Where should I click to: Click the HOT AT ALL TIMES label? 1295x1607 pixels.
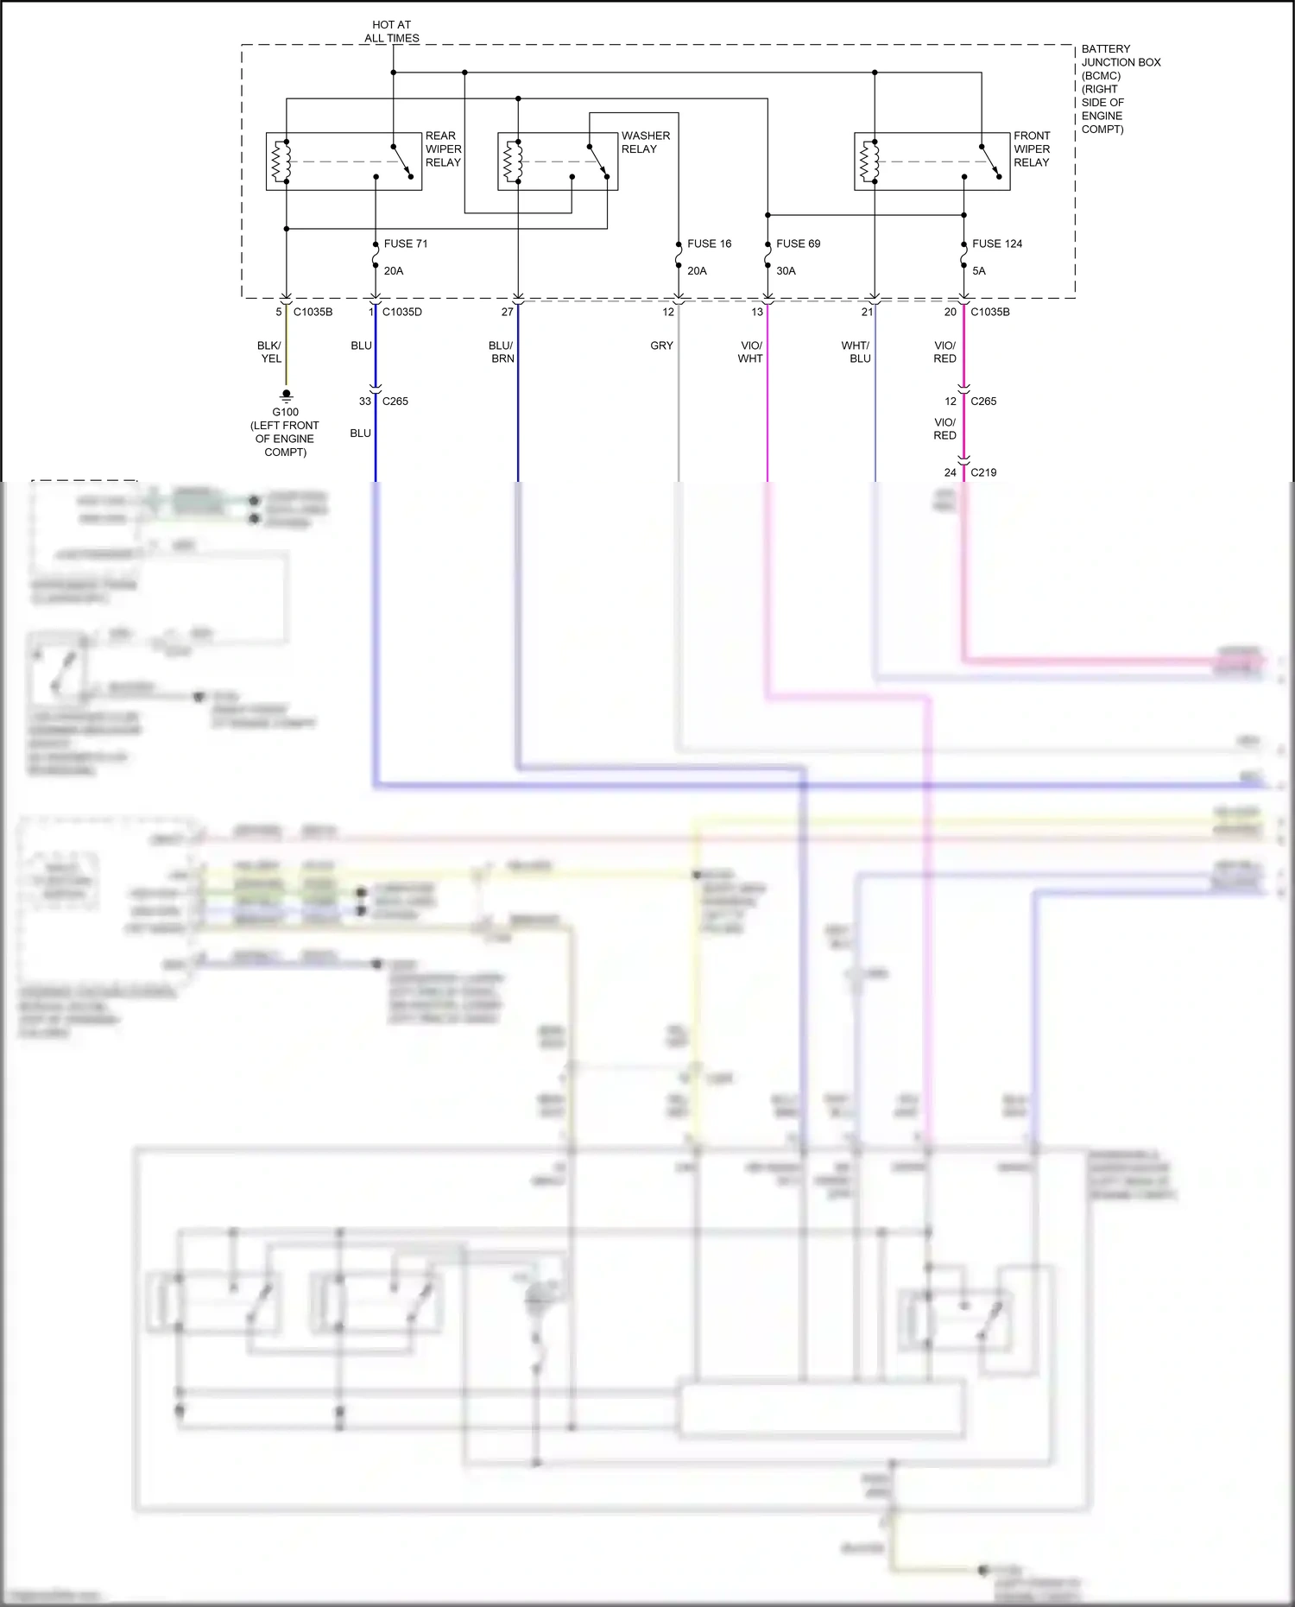(x=391, y=32)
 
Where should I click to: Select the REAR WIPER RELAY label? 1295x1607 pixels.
(x=443, y=149)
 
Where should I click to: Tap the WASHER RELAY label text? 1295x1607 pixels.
(x=645, y=142)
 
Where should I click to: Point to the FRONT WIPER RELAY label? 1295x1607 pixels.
(x=1032, y=149)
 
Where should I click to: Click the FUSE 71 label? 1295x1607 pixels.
(x=405, y=244)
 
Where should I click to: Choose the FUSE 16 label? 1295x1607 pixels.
(x=709, y=244)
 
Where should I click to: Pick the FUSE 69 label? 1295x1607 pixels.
(x=798, y=244)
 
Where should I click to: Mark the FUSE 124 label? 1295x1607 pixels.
(x=996, y=244)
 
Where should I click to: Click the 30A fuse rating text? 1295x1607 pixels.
(x=786, y=271)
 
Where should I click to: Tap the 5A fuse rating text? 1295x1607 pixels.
(x=978, y=271)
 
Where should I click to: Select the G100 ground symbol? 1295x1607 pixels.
(x=287, y=395)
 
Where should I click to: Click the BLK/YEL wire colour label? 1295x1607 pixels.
(x=270, y=351)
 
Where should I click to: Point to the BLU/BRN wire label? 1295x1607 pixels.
(x=502, y=351)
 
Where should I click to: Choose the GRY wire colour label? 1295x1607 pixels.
(x=661, y=345)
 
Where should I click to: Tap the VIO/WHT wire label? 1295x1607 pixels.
(x=750, y=351)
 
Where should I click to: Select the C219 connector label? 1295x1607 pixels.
(x=983, y=472)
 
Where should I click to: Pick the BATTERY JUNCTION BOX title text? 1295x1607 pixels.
(x=1120, y=89)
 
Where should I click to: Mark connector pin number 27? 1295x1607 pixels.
(x=507, y=312)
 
